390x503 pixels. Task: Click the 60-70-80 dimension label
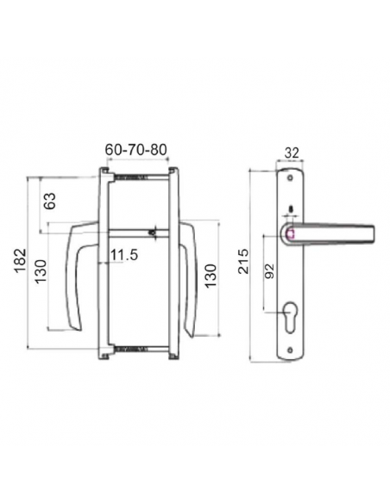tap(136, 150)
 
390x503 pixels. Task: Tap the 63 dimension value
tap(50, 201)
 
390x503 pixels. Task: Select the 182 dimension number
tap(20, 260)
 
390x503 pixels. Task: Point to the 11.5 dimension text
tap(124, 255)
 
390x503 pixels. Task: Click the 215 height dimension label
tap(243, 262)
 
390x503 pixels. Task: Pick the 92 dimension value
tap(269, 271)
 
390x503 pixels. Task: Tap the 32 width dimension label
tap(292, 152)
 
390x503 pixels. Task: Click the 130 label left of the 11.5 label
tap(41, 271)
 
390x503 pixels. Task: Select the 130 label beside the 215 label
tap(211, 276)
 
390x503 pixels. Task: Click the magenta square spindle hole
tap(290, 234)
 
